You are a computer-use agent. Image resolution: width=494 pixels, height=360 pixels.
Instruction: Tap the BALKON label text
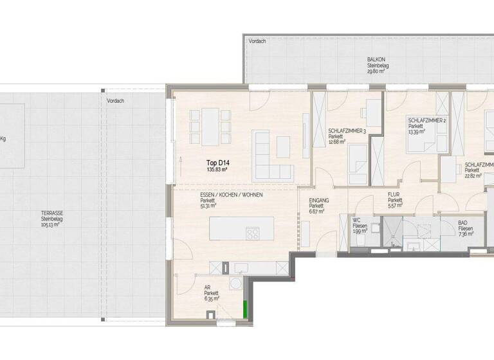pyautogui.click(x=376, y=59)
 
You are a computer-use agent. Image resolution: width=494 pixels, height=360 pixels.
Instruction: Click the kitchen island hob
pyautogui.click(x=253, y=234)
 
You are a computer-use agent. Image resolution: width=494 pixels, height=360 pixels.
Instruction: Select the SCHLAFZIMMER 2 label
pyautogui.click(x=427, y=120)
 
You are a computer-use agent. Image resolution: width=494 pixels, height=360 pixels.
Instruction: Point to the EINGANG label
pyautogui.click(x=318, y=200)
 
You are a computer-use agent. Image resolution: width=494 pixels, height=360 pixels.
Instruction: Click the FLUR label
pyautogui.click(x=394, y=194)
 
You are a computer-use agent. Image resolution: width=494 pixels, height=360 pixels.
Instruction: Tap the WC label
pyautogui.click(x=356, y=220)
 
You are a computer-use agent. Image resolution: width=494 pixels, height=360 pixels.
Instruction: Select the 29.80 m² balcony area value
pyautogui.click(x=376, y=72)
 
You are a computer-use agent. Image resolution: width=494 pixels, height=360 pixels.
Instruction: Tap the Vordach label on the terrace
pyautogui.click(x=116, y=101)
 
